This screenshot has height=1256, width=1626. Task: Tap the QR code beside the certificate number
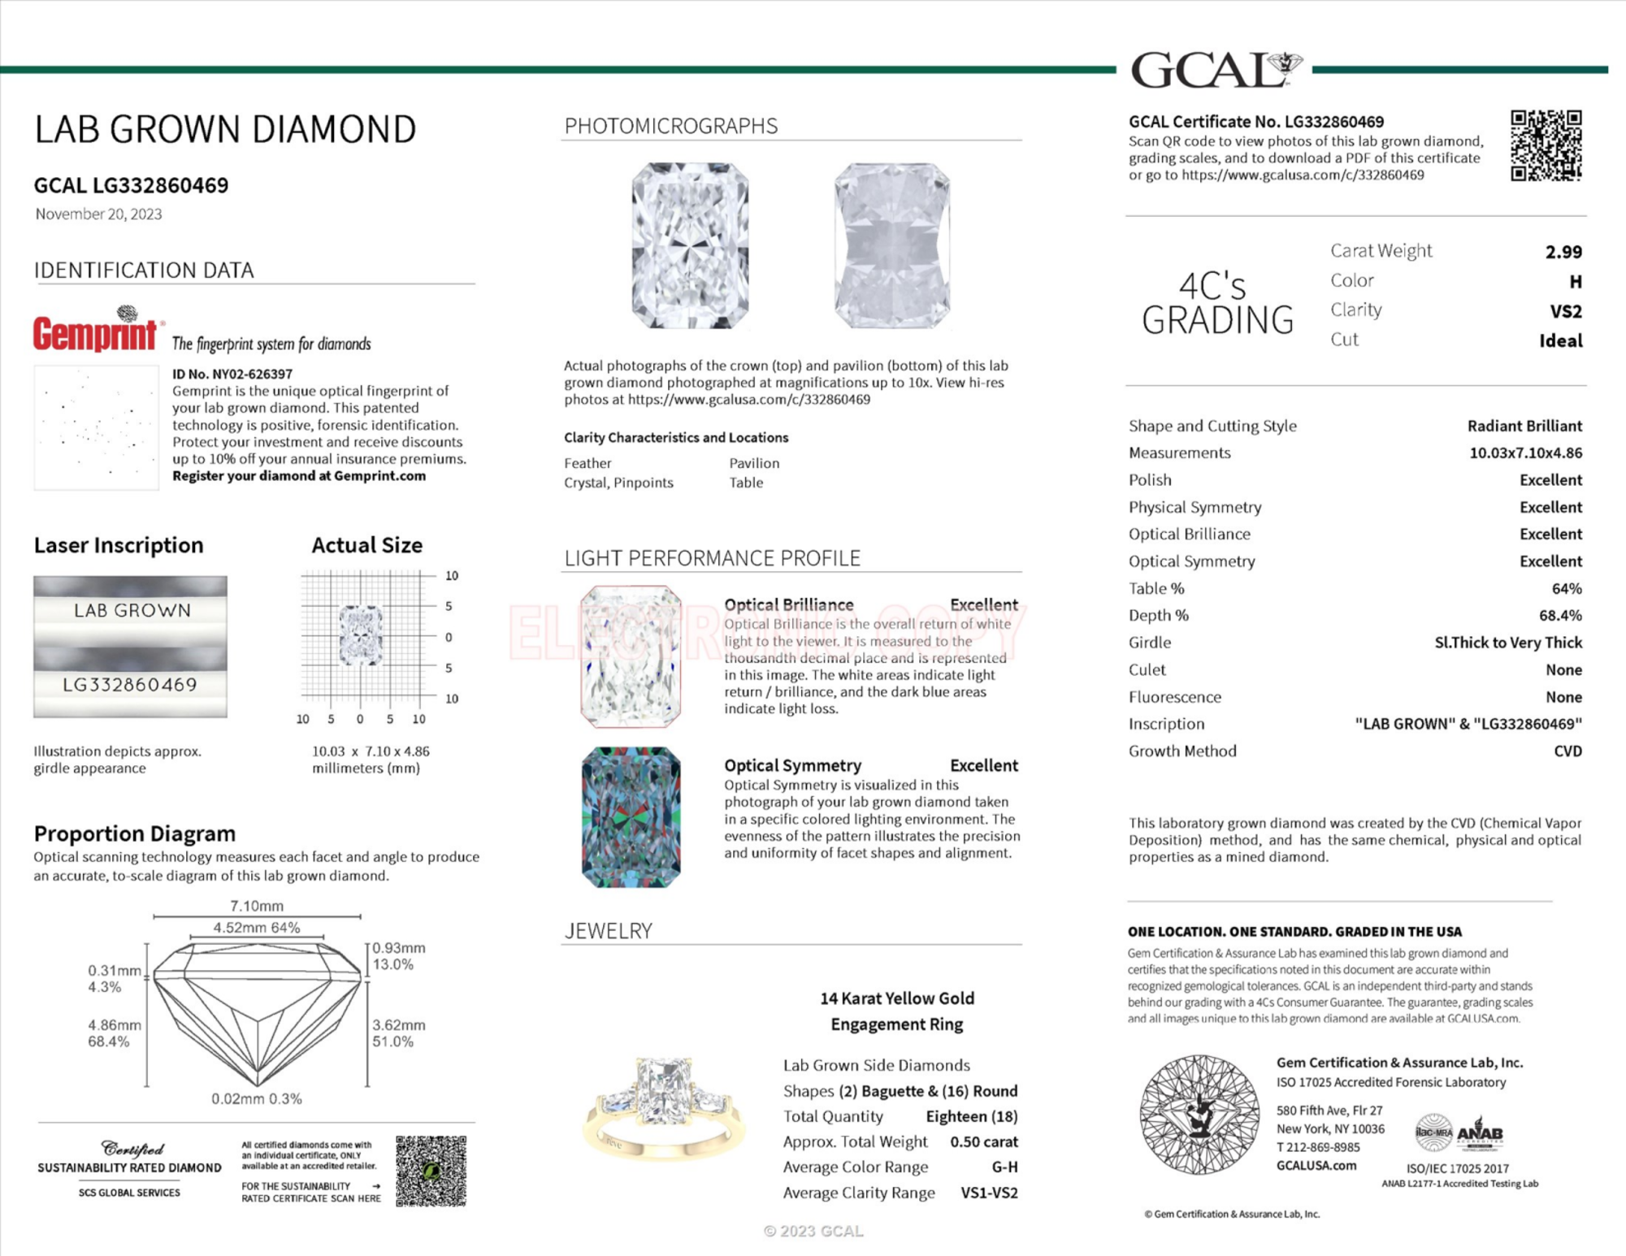click(1546, 145)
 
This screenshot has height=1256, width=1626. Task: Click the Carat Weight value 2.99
click(1563, 252)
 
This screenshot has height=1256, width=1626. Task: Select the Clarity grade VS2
click(1565, 311)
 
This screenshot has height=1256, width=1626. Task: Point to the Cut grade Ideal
click(1560, 340)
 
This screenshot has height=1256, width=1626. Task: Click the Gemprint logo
click(96, 331)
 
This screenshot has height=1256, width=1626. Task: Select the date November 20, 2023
click(98, 214)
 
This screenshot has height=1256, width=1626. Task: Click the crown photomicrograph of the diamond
click(690, 245)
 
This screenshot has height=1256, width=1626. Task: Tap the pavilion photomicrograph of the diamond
click(891, 245)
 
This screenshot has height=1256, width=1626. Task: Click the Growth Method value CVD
click(1567, 751)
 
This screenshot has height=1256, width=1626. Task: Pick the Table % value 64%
click(1566, 588)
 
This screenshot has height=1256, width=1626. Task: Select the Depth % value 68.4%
click(1560, 616)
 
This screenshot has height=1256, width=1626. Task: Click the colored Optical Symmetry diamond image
click(631, 817)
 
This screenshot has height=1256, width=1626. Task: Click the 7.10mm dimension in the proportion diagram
click(257, 906)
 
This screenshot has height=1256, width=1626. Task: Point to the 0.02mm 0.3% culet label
click(257, 1099)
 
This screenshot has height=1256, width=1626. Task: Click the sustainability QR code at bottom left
click(431, 1171)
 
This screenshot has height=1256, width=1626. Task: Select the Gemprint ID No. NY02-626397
click(232, 375)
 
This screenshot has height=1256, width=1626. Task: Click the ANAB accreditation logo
click(1479, 1133)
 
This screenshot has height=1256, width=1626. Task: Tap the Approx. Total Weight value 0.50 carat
click(983, 1142)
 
